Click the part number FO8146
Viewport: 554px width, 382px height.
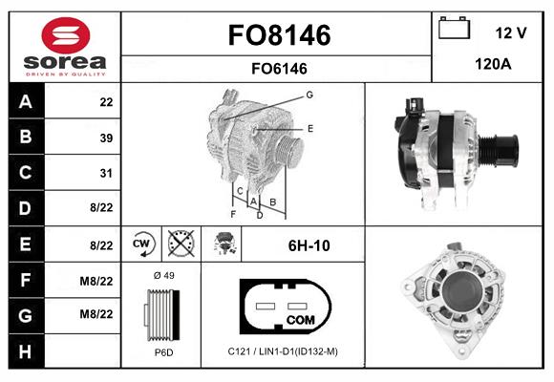coord(279,35)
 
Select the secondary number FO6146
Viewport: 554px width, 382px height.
coord(279,68)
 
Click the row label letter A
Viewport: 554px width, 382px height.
coord(24,102)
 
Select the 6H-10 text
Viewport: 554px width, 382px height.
coord(309,245)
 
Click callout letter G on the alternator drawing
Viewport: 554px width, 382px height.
coord(309,95)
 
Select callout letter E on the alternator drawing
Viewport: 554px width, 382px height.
coord(309,127)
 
